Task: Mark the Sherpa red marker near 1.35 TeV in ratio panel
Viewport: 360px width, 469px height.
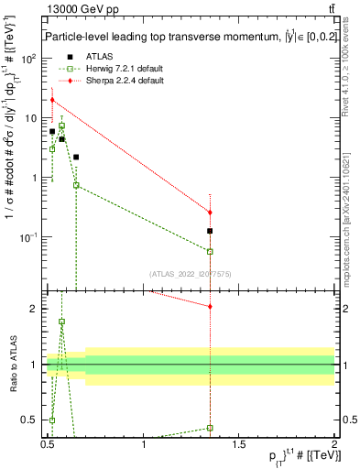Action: (x=211, y=306)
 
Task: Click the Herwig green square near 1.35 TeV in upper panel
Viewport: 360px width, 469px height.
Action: (x=211, y=251)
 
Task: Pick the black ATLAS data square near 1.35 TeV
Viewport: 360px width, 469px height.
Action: (x=211, y=231)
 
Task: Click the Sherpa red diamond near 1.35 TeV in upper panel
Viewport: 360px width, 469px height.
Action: (x=211, y=213)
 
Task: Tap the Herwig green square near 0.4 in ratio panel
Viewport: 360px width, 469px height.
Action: (x=211, y=428)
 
